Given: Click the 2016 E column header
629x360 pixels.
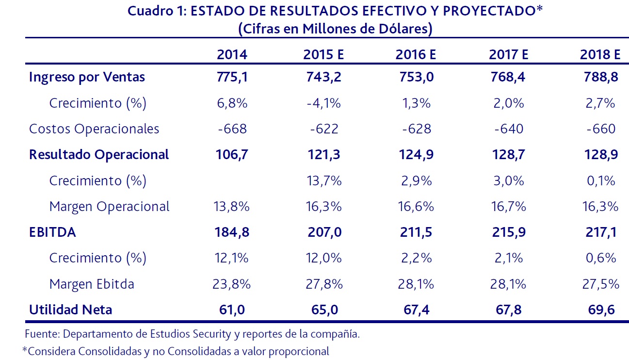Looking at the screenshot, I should click(416, 54).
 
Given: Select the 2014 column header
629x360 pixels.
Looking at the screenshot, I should click(232, 54).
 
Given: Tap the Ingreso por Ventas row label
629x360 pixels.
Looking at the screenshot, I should click(87, 77).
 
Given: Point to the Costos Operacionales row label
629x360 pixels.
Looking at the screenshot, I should click(94, 129).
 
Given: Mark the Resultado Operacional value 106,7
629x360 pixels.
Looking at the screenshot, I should click(232, 155).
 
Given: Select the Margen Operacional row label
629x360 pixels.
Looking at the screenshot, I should click(110, 207).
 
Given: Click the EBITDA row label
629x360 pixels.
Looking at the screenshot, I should click(52, 232).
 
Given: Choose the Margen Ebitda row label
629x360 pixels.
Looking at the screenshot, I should click(92, 284).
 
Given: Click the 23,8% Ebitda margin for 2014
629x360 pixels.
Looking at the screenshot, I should click(232, 284).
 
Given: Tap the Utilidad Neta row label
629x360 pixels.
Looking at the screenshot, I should click(70, 310).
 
